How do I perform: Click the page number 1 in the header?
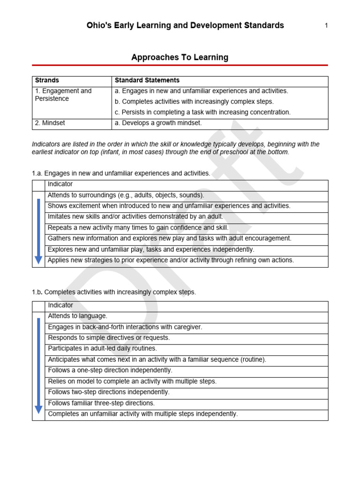pos(326,26)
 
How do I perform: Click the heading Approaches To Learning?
pos(180,58)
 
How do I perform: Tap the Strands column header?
pos(47,81)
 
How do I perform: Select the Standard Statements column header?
pos(147,81)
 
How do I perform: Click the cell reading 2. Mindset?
pos(50,123)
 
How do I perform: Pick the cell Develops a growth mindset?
pos(158,123)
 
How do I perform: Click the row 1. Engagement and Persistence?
pos(63,95)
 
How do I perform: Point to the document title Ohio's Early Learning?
pos(185,25)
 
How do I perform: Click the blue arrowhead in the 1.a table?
pos(38,260)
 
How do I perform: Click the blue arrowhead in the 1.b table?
pos(38,410)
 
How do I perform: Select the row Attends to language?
pos(78,316)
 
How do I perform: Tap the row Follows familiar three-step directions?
pos(101,403)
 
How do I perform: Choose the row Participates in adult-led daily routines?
pos(103,349)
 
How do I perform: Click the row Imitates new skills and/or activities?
pos(135,217)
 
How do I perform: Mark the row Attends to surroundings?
pos(126,195)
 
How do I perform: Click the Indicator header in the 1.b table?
pos(60,305)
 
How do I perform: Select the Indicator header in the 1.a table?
pos(60,184)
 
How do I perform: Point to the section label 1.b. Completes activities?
pos(114,292)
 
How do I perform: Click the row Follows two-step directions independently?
pos(109,392)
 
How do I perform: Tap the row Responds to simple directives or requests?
pos(109,338)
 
